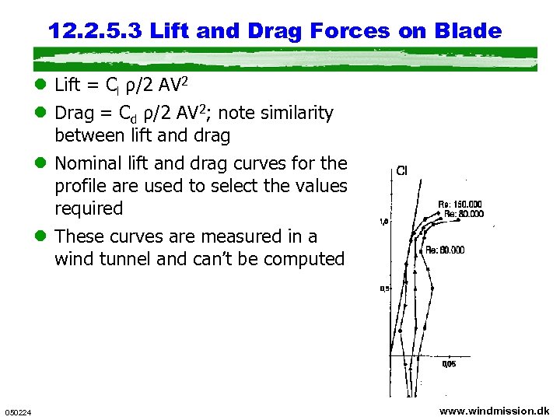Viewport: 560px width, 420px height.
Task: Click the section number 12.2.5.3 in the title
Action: pyautogui.click(x=95, y=31)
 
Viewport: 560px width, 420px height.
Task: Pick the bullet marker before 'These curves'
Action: pyautogui.click(x=43, y=236)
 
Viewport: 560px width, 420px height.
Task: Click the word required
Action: pyautogui.click(x=89, y=208)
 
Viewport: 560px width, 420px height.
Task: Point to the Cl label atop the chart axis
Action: pyautogui.click(x=402, y=170)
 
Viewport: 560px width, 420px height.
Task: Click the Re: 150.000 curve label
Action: pyautogui.click(x=460, y=205)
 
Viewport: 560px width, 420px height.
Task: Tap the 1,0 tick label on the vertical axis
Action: pyautogui.click(x=383, y=222)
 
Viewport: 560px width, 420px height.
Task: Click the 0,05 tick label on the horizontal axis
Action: pyautogui.click(x=450, y=363)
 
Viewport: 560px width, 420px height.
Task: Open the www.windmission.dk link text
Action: pyautogui.click(x=494, y=411)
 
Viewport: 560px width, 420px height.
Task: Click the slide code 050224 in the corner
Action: pyautogui.click(x=17, y=412)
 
